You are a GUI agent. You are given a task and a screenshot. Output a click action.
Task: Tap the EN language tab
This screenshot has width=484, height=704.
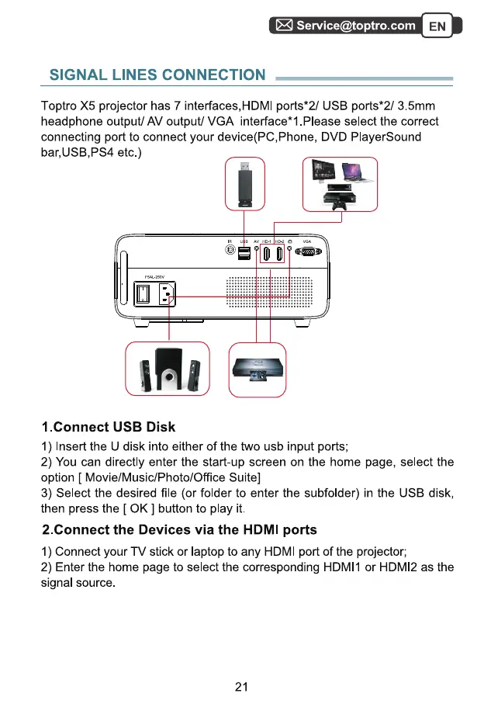[437, 26]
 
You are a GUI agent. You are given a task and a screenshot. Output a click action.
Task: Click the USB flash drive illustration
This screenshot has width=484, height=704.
[244, 184]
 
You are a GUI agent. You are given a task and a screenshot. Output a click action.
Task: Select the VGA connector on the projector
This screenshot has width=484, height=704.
[307, 255]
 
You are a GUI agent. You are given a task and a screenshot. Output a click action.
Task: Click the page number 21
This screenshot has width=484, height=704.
[241, 686]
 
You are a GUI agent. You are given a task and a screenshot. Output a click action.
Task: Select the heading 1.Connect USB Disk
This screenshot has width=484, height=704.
[109, 427]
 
